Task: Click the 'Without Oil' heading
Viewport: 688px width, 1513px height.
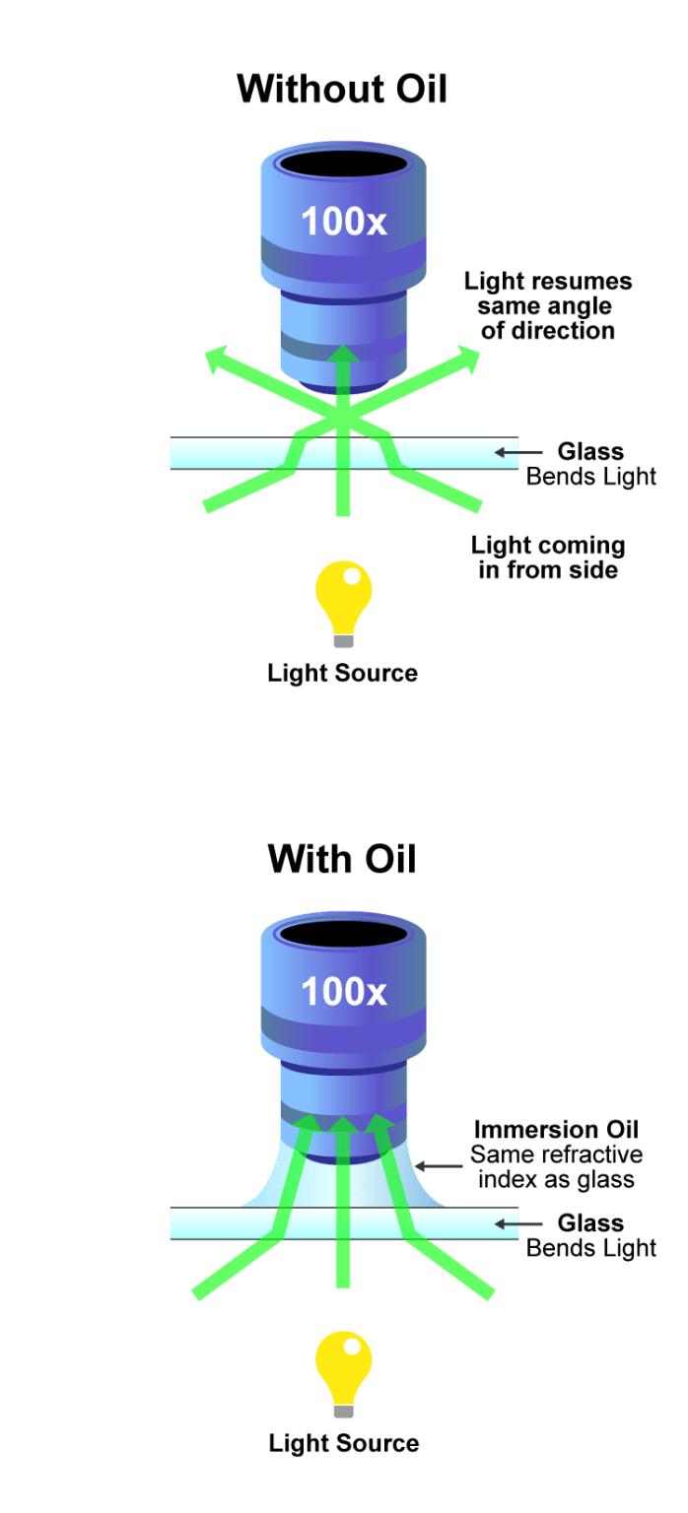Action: tap(342, 90)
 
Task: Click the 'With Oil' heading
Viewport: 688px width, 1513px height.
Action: tap(342, 859)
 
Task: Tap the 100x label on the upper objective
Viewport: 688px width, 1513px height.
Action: tap(344, 222)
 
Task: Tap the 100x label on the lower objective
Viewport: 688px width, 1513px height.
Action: tap(344, 991)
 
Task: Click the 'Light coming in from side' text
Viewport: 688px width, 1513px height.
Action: tap(548, 558)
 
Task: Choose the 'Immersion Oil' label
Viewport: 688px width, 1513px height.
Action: tap(549, 1129)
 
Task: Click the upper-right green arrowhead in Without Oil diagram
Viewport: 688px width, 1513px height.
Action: tap(469, 360)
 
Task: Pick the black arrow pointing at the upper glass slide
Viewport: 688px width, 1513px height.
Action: tap(515, 453)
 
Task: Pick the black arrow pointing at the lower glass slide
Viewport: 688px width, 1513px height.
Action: tap(515, 1224)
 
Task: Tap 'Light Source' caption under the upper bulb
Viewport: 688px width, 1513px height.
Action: tap(343, 674)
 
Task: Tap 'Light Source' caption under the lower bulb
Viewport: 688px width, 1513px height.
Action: tap(344, 1444)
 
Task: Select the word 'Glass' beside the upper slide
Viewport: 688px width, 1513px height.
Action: tap(590, 452)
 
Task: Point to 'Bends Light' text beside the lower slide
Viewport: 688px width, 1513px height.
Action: tap(591, 1248)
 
